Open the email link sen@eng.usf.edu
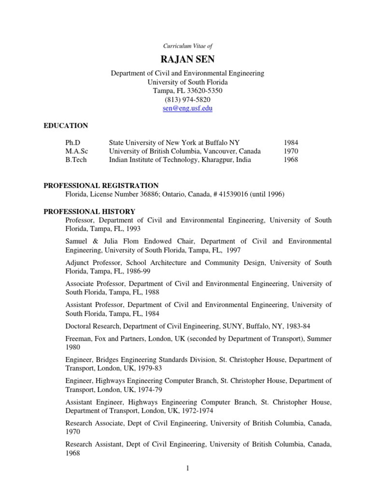188,108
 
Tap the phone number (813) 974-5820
188,100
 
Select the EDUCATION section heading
66,126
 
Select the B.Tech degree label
76,160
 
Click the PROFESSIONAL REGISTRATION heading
101,186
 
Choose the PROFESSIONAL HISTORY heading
89,212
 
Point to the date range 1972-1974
196,410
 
